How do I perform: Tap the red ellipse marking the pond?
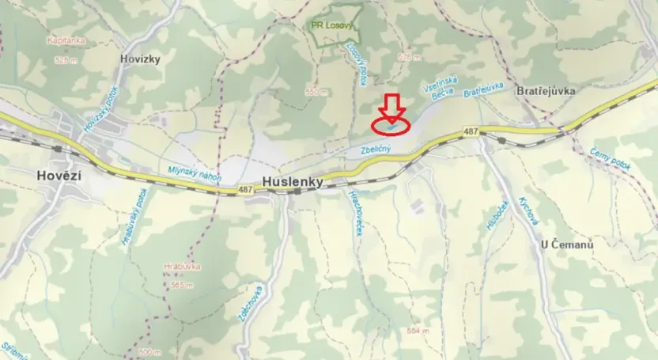click(391, 124)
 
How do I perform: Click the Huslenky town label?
click(293, 181)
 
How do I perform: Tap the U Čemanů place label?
click(566, 244)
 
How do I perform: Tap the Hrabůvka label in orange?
click(181, 267)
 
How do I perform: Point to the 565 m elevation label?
click(183, 284)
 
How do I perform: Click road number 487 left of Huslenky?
click(244, 190)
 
